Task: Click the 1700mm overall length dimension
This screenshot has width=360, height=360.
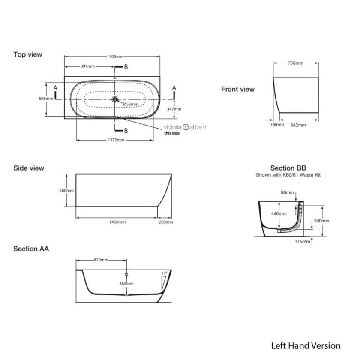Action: (113, 56)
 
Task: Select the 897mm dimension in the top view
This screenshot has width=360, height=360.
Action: (88, 67)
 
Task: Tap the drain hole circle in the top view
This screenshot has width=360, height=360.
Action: (114, 99)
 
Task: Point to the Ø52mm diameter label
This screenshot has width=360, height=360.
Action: (131, 104)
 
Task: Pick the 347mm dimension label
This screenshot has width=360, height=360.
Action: (174, 109)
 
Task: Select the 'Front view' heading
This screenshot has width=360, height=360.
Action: (238, 89)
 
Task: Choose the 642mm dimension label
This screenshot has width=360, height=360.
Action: (298, 125)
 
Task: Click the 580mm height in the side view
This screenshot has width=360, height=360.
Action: (67, 191)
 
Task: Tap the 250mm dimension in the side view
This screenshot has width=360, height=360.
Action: (166, 222)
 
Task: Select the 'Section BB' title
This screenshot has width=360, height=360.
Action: (288, 168)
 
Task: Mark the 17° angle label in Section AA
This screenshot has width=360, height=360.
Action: (163, 273)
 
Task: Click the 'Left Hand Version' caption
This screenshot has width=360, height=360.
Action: (306, 346)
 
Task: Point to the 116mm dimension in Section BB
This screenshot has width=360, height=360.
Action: (302, 242)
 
